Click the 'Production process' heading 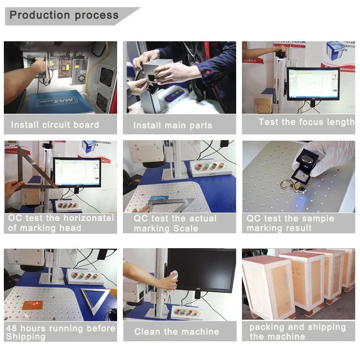(64, 15)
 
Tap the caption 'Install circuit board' (55, 125)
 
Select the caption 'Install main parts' (173, 125)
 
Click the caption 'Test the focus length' (307, 122)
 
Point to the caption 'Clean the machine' (177, 332)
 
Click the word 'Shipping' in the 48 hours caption (26, 336)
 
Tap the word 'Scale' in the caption (185, 228)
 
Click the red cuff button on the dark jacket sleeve (208, 73)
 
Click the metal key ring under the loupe (287, 184)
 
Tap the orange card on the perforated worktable (33, 304)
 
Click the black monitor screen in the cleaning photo (203, 269)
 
